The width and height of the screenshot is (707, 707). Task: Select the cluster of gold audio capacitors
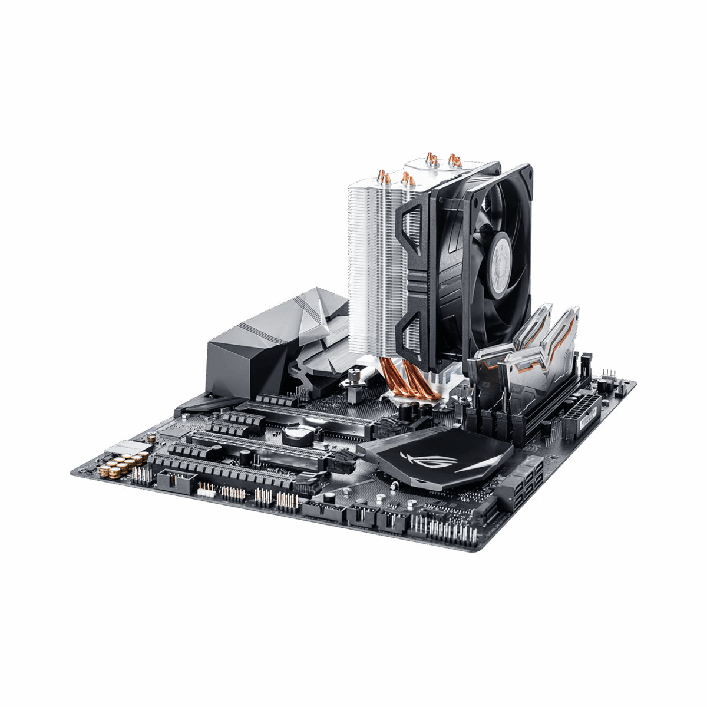[117, 468]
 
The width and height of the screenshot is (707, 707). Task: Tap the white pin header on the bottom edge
[206, 489]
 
